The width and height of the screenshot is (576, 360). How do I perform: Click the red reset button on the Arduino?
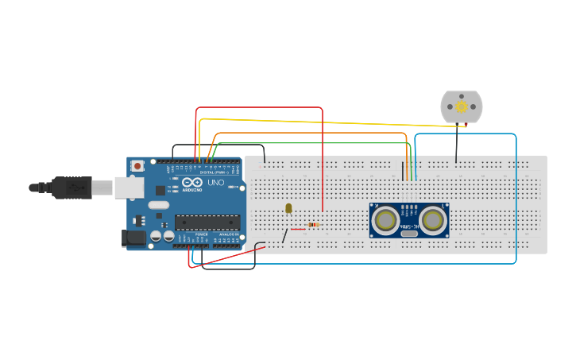pos(137,165)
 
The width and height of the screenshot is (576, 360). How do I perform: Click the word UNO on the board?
pos(215,183)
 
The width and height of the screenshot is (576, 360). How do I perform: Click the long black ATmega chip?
pos(207,222)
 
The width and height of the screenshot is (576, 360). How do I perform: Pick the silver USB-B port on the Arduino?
pos(127,188)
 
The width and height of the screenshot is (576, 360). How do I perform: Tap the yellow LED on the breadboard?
pos(288,208)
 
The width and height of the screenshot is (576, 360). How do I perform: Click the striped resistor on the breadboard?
pos(313,225)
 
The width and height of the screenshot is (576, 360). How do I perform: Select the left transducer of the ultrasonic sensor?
pos(385,220)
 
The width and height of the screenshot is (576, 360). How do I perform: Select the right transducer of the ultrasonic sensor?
pos(433,220)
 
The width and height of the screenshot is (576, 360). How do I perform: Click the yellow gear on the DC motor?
pos(462,106)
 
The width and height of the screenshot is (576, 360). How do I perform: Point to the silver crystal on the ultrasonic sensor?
pos(409,233)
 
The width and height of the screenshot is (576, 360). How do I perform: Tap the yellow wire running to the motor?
pos(334,122)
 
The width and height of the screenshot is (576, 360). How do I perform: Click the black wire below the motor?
pos(456,143)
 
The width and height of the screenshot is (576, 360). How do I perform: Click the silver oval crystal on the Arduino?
pos(158,205)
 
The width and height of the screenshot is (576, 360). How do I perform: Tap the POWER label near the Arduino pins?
pos(202,234)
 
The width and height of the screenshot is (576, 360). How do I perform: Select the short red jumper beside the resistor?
pos(298,229)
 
